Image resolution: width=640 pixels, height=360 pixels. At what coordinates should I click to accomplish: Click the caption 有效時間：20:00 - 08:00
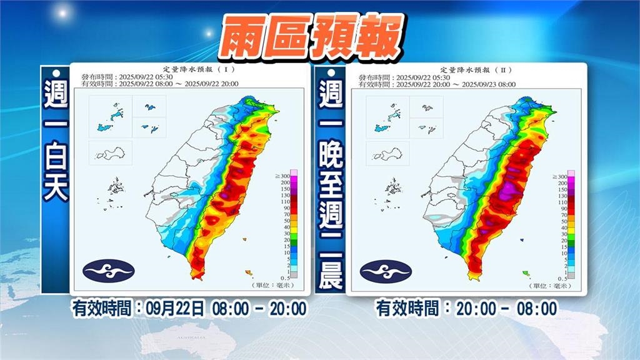pyautogui.click(x=466, y=308)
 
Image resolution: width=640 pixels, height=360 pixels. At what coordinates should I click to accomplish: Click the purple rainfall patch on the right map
pyautogui.click(x=507, y=191)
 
